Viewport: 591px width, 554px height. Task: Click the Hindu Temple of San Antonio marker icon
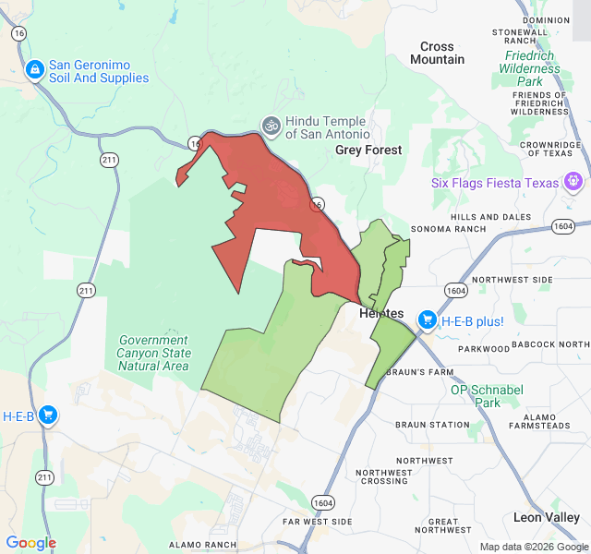point(271,124)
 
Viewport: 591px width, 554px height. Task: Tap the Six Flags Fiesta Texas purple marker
point(574,182)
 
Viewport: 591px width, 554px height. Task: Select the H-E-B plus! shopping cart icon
point(428,320)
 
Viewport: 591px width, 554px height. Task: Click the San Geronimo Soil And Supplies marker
point(34,70)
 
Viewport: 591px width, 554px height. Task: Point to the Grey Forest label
point(368,150)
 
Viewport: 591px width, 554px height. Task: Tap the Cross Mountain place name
point(437,53)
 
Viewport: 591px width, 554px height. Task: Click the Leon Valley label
point(547,518)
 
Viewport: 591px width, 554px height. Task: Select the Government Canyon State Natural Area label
point(153,353)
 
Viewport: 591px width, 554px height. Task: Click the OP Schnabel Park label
point(488,396)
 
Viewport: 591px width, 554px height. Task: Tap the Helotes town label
point(381,314)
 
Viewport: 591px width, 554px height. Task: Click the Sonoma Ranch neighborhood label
point(448,229)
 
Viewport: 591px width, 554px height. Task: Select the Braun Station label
point(432,425)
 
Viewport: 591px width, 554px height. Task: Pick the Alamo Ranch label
point(202,545)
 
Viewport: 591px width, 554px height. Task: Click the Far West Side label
point(317,522)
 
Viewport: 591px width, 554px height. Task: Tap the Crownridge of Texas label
point(549,151)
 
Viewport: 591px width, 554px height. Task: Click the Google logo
point(30,543)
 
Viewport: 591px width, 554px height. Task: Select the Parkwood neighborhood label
point(484,349)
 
